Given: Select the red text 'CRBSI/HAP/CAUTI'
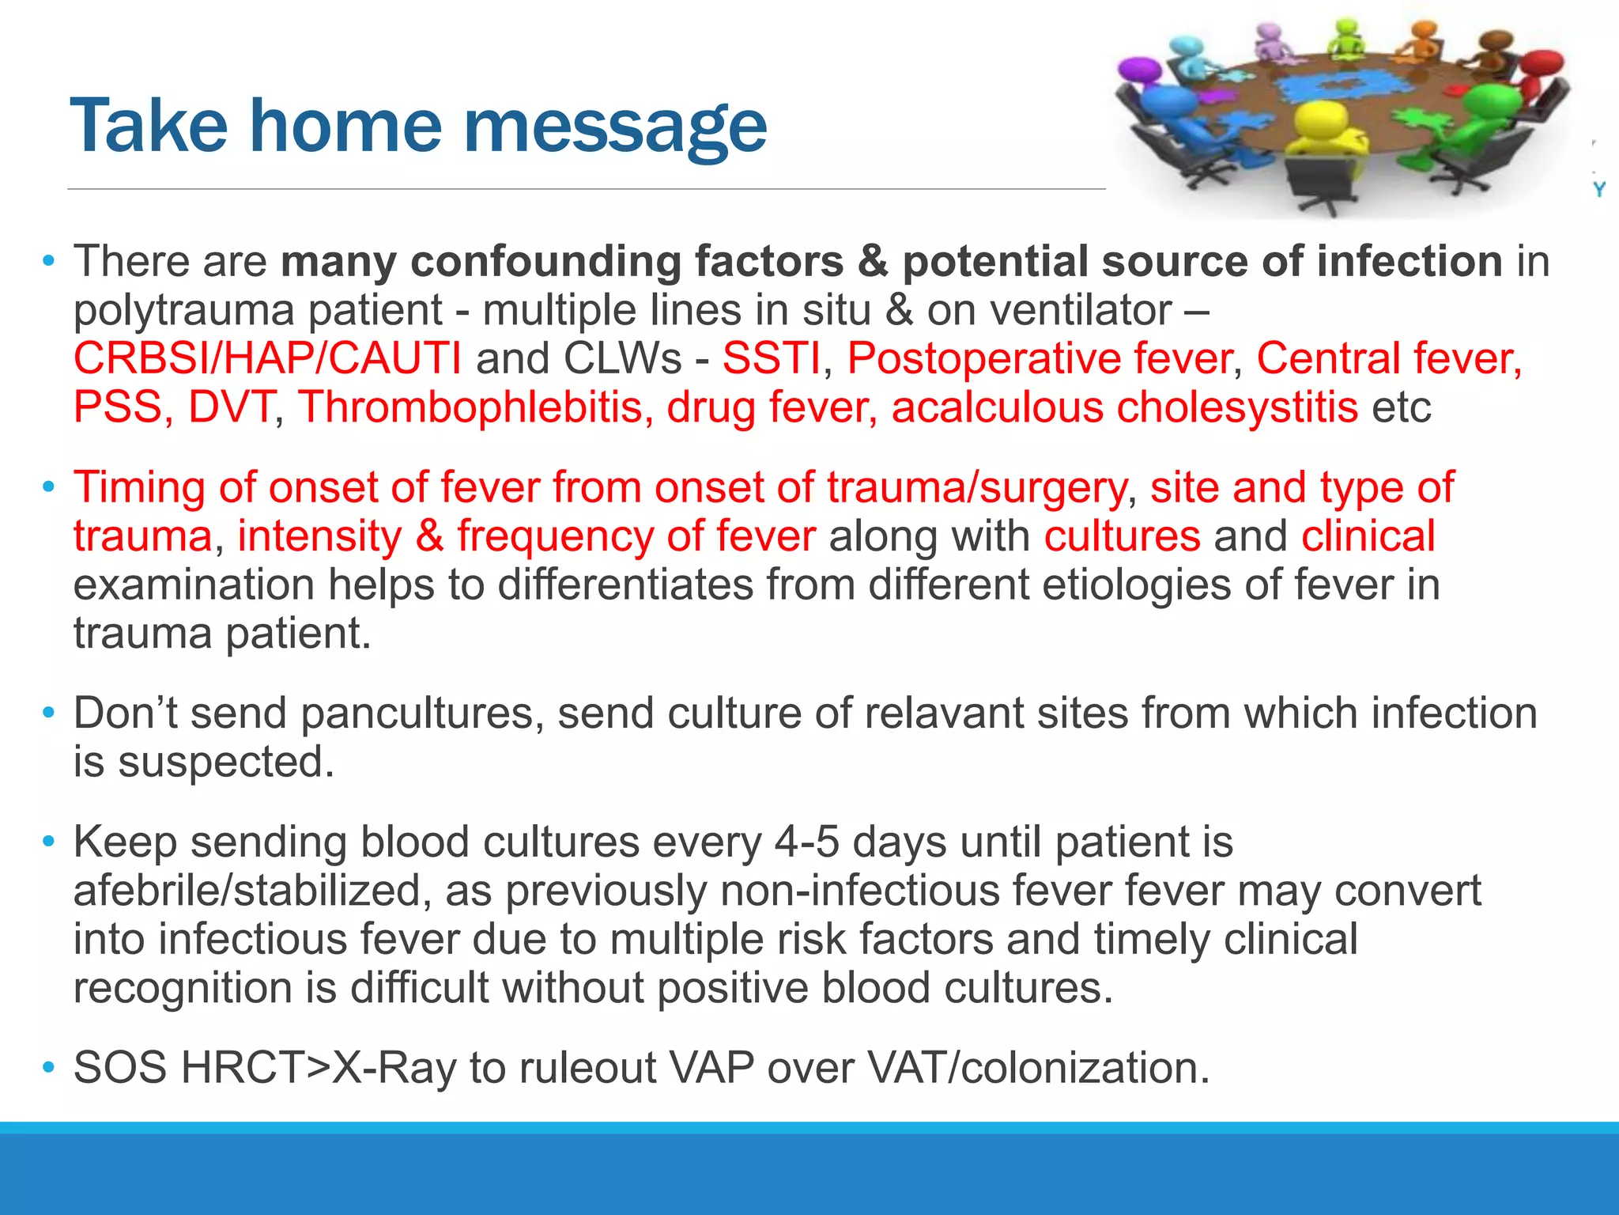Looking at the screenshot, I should [267, 358].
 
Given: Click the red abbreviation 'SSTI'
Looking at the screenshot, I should [771, 358].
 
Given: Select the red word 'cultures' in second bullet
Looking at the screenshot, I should [1122, 536].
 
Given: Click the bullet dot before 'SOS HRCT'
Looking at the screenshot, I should [49, 1068].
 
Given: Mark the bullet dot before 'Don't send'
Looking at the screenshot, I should [49, 713].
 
